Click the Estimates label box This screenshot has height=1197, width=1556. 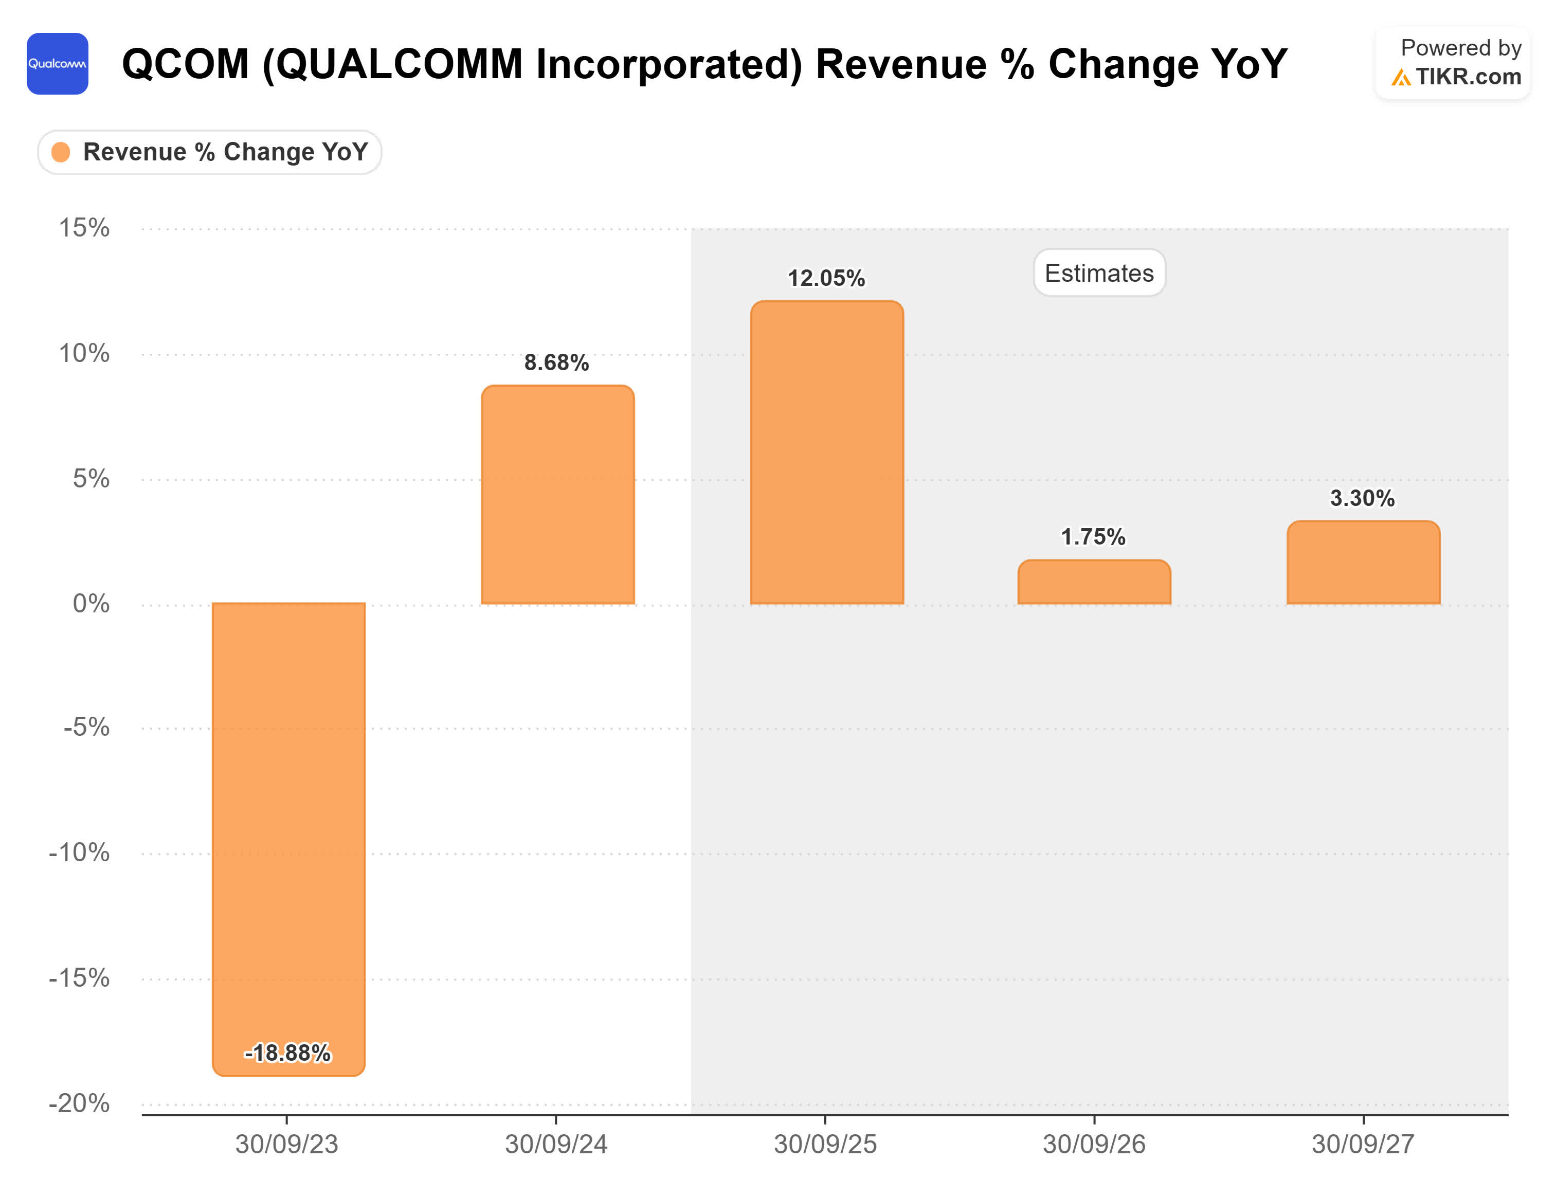click(1098, 273)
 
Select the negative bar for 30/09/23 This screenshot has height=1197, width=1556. click(288, 820)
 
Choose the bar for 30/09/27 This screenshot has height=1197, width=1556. click(1363, 563)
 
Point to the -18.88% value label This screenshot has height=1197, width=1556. click(288, 1053)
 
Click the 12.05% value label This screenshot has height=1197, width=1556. click(826, 278)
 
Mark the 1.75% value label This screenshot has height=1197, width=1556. click(1093, 536)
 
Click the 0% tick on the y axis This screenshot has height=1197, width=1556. click(91, 604)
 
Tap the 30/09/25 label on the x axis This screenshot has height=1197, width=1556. click(825, 1144)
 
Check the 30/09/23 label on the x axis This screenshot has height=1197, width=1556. click(286, 1144)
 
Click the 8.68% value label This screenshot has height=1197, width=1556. click(556, 362)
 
